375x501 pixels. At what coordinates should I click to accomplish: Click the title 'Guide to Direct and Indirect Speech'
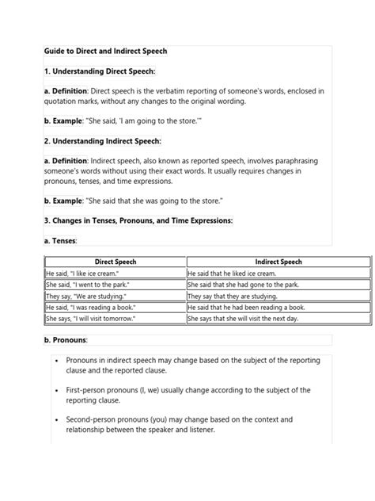[x=105, y=51]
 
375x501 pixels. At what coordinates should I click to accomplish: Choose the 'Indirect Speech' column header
[x=278, y=262]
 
